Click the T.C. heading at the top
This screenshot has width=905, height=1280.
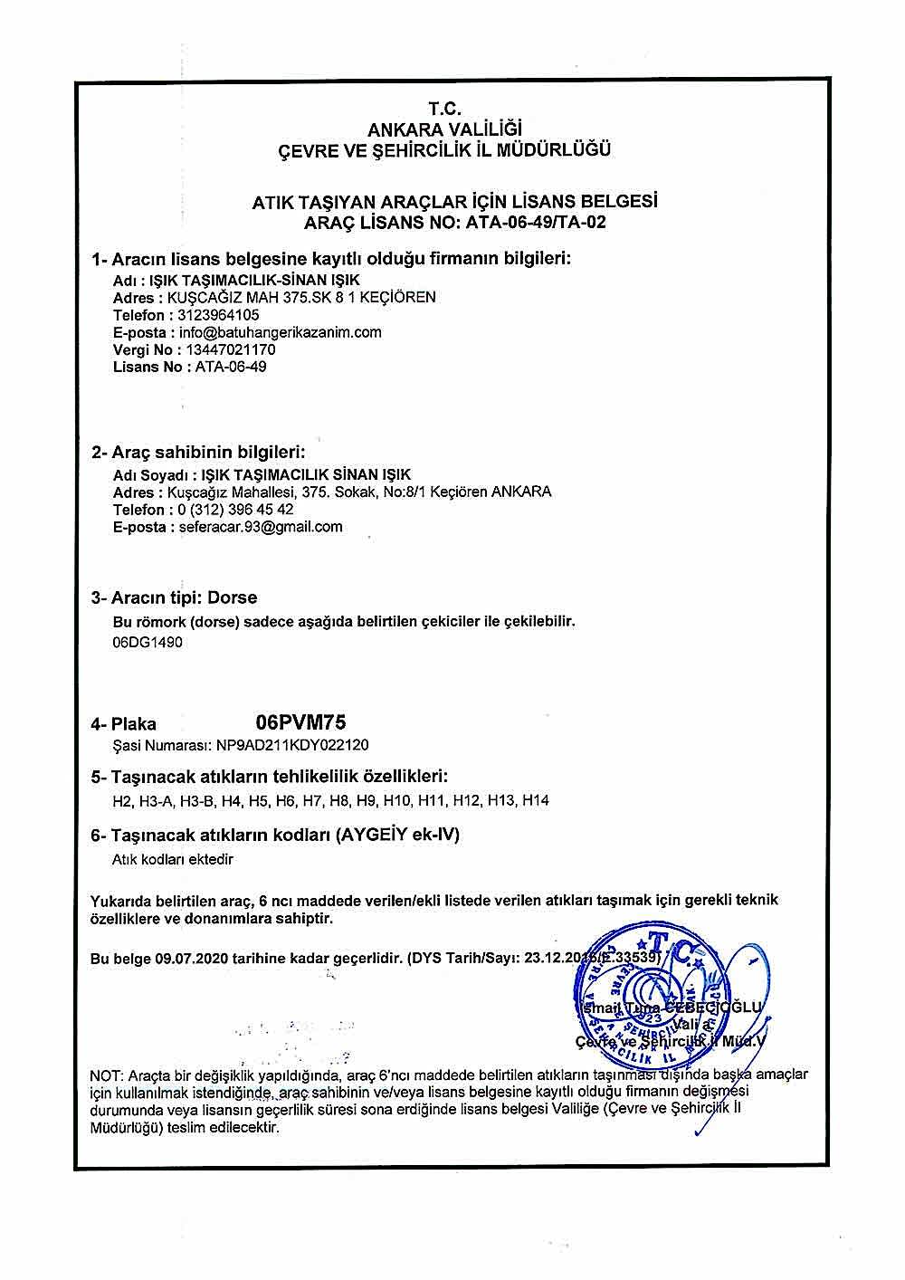445,110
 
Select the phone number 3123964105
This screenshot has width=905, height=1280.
219,315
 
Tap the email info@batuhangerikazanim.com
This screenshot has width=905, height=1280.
281,332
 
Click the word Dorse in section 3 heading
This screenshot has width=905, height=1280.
233,598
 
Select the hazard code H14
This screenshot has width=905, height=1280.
537,801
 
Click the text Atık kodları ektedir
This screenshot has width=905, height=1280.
173,859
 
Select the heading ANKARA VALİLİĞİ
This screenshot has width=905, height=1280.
445,129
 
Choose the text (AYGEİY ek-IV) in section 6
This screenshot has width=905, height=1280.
398,835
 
